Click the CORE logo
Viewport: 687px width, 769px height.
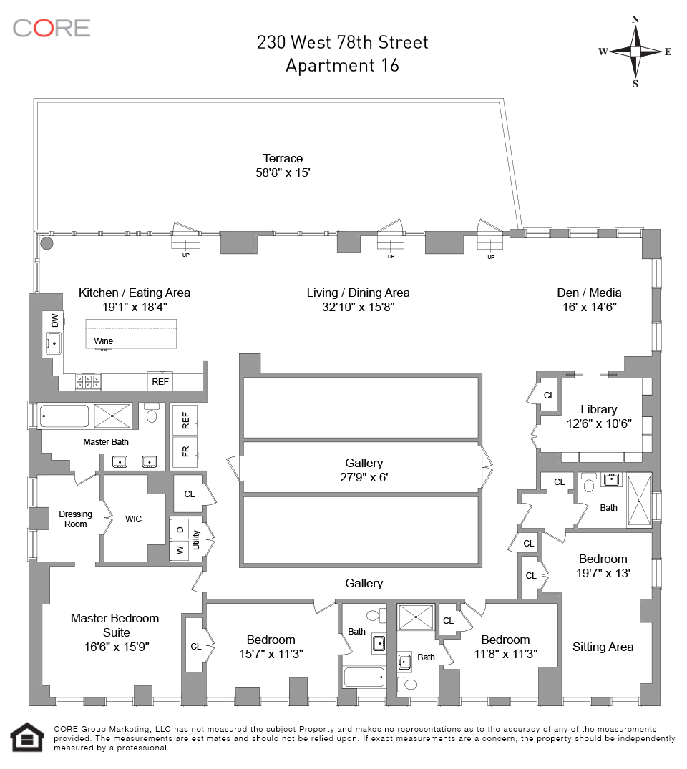tap(52, 28)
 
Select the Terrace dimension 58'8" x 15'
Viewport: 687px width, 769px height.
tap(283, 172)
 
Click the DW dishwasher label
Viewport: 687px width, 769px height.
tap(54, 320)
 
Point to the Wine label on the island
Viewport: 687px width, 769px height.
tap(104, 341)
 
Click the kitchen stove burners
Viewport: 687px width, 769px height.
tap(88, 382)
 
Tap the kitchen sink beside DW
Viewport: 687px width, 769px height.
tap(54, 343)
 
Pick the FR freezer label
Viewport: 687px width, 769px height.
tap(185, 452)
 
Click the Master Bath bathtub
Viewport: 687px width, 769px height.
tap(64, 416)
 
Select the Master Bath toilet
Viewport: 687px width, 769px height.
tap(152, 414)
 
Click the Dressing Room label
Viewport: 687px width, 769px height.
tap(76, 519)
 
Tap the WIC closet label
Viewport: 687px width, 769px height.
tap(134, 519)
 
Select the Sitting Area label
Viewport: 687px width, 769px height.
tap(603, 647)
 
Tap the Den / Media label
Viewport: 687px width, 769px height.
tap(589, 293)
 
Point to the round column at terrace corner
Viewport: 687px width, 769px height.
tap(47, 243)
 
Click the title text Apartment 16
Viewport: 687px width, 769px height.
tap(342, 65)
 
